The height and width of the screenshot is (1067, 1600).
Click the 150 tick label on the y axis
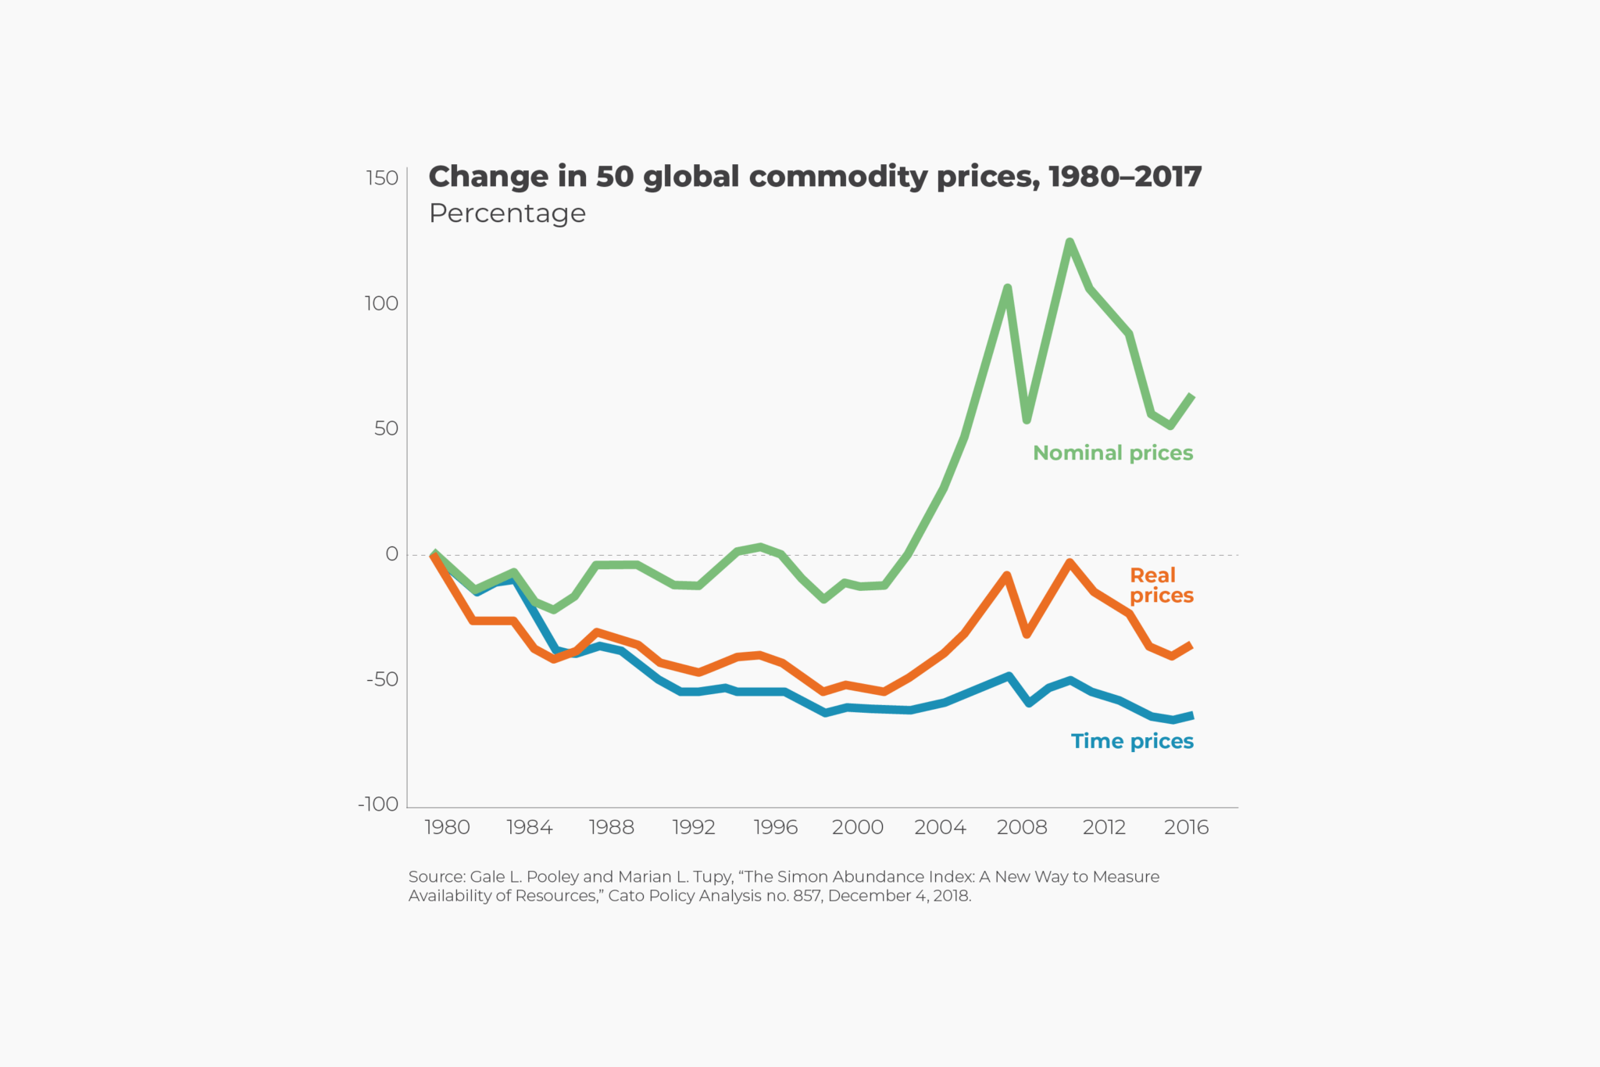382,178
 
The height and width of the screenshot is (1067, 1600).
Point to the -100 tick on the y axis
378,804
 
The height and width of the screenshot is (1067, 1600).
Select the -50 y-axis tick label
382,679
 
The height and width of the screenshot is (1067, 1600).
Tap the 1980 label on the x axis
447,827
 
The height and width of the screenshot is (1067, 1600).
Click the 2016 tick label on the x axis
1186,827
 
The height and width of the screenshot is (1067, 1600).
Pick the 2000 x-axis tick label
857,827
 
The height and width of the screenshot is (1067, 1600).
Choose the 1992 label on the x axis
694,827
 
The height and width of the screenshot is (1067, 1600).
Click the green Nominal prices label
1112,453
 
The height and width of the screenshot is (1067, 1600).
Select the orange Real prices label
1161,585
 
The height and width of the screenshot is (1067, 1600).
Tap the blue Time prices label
1132,741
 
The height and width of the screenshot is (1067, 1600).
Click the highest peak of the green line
1070,242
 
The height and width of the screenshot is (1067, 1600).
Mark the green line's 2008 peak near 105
1008,288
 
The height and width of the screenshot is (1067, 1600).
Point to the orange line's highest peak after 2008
1070,563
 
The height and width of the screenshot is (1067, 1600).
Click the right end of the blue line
1191,715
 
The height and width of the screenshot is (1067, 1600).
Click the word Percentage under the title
507,213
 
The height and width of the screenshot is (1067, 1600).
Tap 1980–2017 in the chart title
1125,177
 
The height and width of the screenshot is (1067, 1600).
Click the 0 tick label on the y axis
392,554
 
